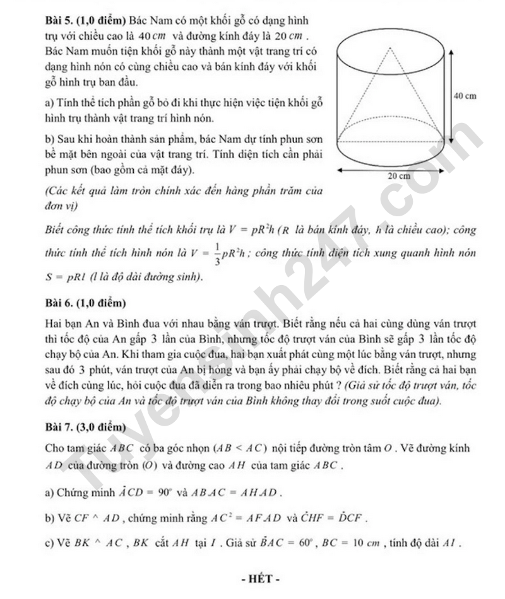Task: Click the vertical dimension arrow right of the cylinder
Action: (449, 95)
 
